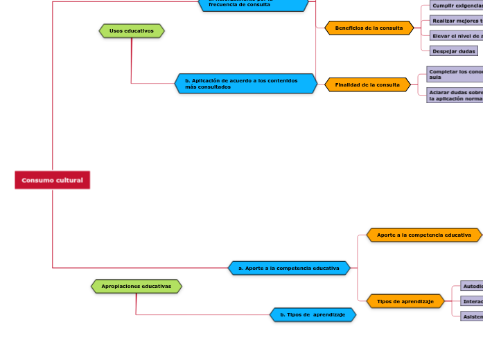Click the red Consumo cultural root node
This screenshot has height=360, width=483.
(52, 180)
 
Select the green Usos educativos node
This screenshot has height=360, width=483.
(132, 30)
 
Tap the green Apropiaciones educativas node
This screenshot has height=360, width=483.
(137, 286)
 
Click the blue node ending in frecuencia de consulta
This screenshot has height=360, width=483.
(254, 4)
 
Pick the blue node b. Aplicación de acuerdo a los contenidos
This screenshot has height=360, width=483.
(246, 83)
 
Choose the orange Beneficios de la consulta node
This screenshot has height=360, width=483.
(369, 28)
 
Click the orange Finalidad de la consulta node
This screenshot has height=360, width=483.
(367, 84)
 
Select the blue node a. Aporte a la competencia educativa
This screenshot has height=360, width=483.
(289, 267)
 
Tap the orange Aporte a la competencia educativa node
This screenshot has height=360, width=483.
(424, 235)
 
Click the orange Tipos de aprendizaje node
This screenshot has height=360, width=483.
(405, 301)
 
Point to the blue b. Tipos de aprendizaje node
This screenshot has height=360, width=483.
(313, 314)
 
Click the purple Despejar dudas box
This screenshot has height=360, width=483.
(453, 51)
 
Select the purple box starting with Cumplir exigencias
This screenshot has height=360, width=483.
(457, 6)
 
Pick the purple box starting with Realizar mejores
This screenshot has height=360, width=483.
(457, 21)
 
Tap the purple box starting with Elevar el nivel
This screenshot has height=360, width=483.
(457, 35)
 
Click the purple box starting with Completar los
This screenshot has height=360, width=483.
(455, 74)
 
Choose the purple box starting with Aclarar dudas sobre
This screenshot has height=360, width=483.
(455, 95)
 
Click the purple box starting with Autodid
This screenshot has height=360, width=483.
(472, 286)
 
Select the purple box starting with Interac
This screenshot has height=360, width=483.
(472, 301)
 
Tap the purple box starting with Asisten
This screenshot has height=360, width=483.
(472, 316)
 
